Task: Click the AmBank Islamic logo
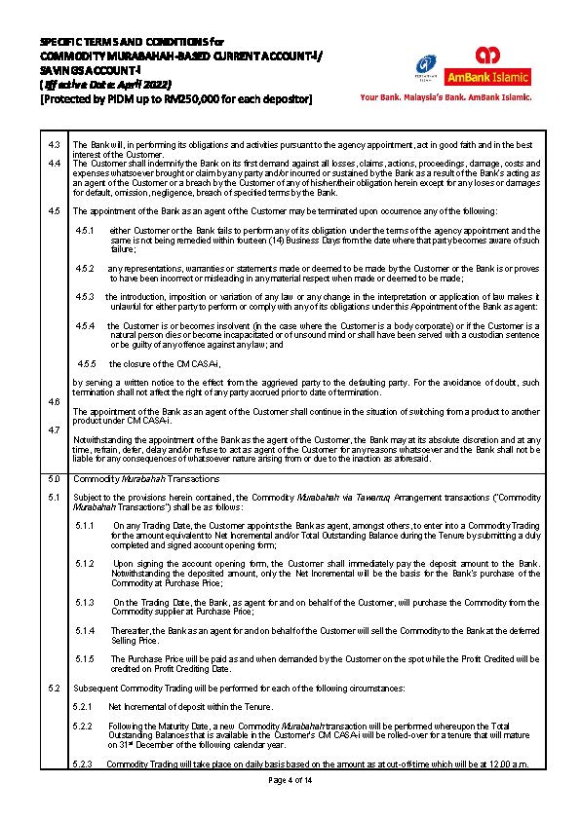487,65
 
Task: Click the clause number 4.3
55,144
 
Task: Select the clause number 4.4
55,163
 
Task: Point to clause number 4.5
55,210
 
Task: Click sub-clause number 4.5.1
84,230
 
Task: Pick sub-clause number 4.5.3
84,295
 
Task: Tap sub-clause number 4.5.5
84,363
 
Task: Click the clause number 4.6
55,401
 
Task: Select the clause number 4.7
55,429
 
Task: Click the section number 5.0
55,479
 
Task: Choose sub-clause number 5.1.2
84,563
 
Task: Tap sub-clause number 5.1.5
84,658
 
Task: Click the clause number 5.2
55,688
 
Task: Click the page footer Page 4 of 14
290,780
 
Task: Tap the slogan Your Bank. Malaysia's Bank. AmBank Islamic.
445,97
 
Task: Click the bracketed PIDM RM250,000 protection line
175,98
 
